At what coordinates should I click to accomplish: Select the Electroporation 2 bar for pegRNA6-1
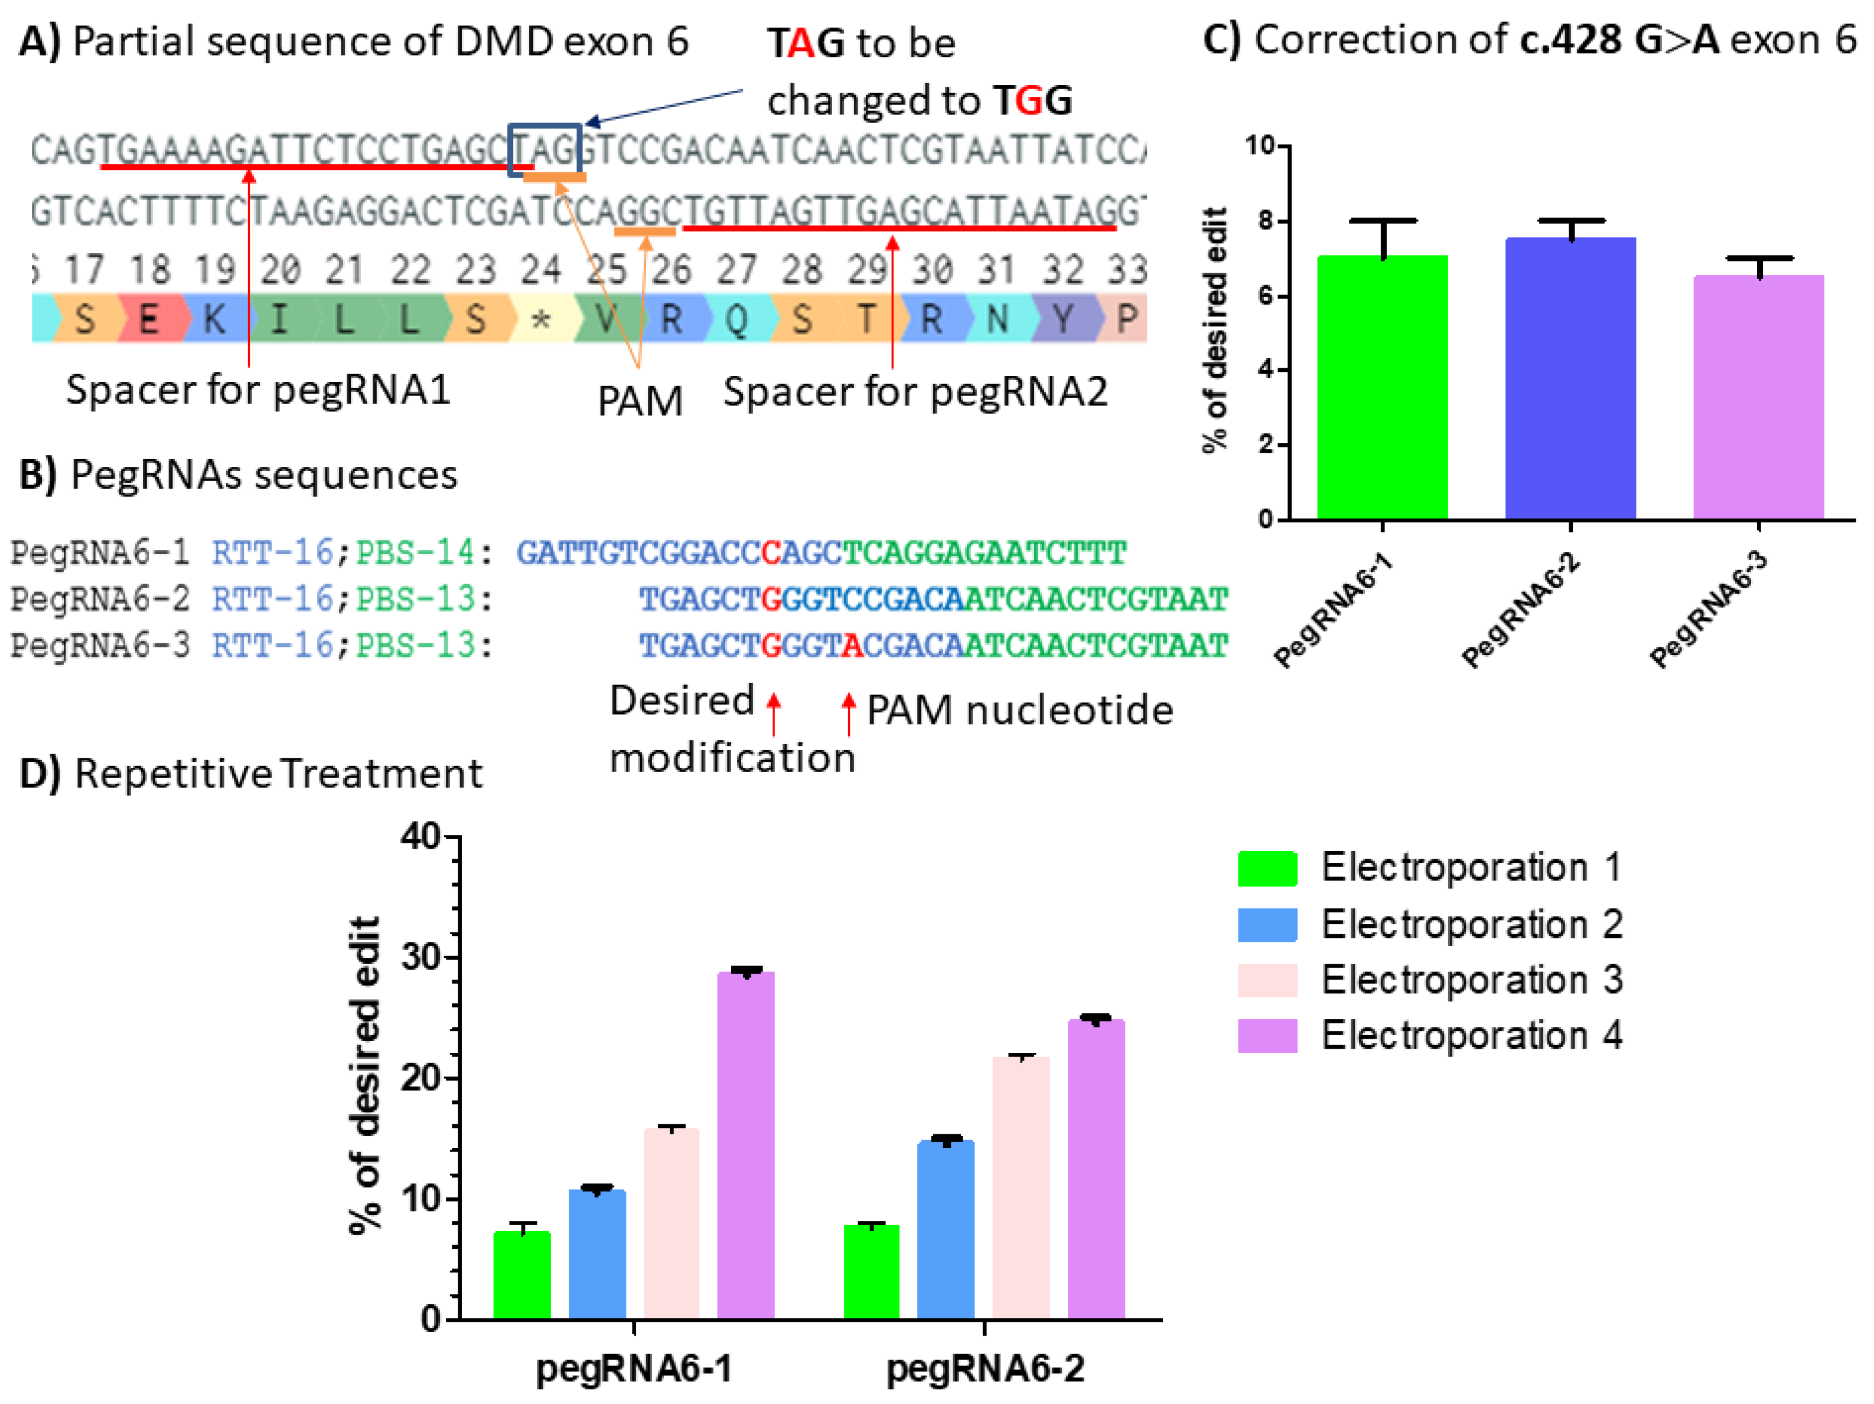coord(597,1254)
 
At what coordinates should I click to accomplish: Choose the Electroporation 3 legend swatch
coord(1267,980)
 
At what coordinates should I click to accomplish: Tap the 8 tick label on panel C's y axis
coord(1265,222)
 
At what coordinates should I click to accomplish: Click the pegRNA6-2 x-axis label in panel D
coord(985,1369)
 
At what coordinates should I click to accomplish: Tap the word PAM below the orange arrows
coord(640,401)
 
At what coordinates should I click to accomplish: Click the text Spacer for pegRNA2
coord(915,391)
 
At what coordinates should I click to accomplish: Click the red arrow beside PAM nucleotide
coord(848,713)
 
